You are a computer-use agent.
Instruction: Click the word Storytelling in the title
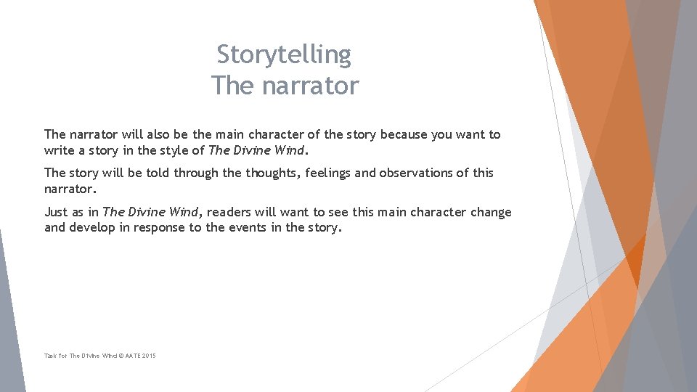point(284,54)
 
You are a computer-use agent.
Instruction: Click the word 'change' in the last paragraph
point(491,212)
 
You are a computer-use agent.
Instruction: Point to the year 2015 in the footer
point(149,356)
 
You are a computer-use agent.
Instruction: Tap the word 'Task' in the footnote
point(50,356)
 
